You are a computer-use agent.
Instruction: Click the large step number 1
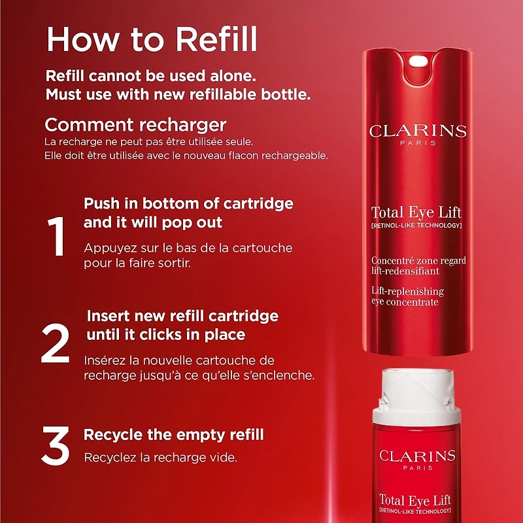pyautogui.click(x=58, y=237)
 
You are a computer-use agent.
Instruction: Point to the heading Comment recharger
pyautogui.click(x=135, y=124)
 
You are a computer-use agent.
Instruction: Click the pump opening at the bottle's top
pyautogui.click(x=417, y=63)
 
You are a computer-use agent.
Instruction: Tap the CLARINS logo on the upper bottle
pyautogui.click(x=417, y=131)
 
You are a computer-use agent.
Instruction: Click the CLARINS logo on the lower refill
pyautogui.click(x=417, y=456)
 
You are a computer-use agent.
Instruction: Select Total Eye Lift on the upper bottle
pyautogui.click(x=416, y=212)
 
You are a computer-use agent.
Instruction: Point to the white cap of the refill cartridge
pyautogui.click(x=416, y=396)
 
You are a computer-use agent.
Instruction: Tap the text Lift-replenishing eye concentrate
pyautogui.click(x=408, y=296)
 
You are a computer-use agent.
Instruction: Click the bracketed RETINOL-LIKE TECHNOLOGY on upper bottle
pyautogui.click(x=416, y=226)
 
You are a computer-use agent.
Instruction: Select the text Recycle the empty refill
pyautogui.click(x=173, y=435)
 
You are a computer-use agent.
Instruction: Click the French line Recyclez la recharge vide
pyautogui.click(x=160, y=456)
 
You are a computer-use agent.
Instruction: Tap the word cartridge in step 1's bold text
pyautogui.click(x=260, y=203)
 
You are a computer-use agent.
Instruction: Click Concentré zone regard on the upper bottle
pyautogui.click(x=418, y=261)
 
